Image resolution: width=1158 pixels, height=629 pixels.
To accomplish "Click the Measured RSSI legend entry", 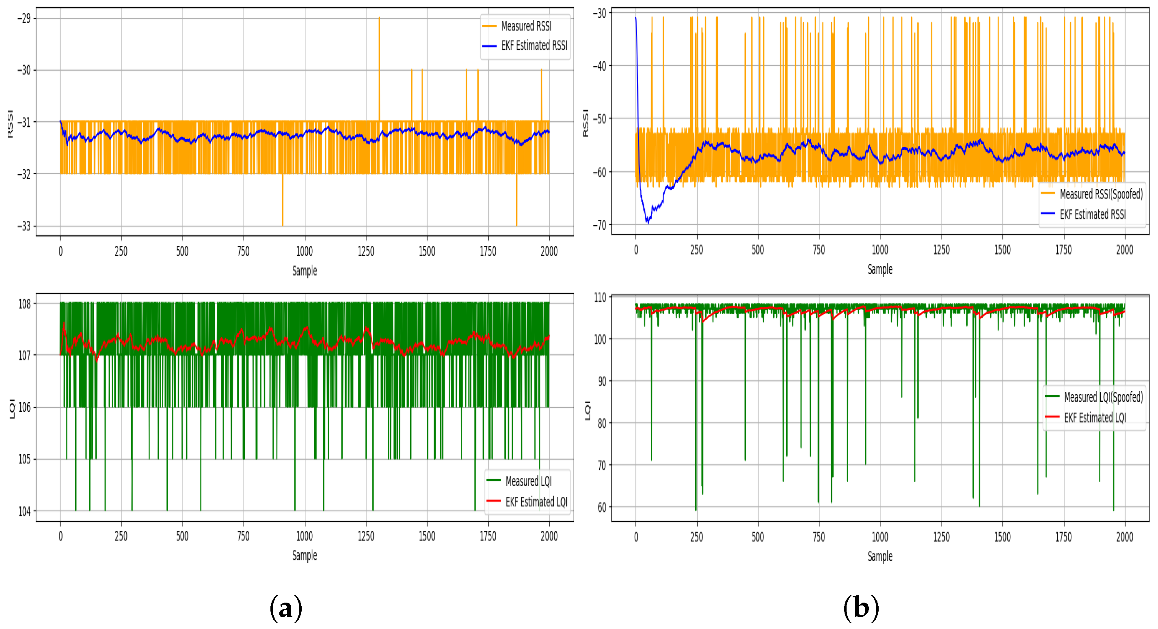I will [x=525, y=26].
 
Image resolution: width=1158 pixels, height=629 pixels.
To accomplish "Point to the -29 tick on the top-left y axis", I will [x=24, y=18].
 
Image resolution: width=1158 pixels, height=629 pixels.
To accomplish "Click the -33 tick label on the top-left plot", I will [x=24, y=226].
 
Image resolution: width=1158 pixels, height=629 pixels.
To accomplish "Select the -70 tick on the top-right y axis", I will [x=599, y=225].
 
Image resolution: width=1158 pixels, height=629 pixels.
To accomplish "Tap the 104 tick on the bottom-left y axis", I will [x=24, y=511].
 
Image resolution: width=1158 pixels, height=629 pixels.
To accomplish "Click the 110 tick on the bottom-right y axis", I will [x=600, y=297].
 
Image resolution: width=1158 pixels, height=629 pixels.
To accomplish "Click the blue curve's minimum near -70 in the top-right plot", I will [x=648, y=222].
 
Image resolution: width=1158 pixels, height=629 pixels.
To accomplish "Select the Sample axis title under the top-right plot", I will [x=880, y=269].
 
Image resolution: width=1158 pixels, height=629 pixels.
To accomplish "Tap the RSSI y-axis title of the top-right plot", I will [x=585, y=123].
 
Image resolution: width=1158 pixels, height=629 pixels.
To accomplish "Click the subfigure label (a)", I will [x=286, y=608].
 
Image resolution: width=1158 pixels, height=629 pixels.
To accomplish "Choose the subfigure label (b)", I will [x=861, y=608].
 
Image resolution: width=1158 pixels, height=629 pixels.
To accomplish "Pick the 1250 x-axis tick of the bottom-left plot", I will [x=366, y=536].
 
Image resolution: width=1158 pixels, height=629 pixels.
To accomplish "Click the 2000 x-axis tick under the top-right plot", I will [x=1124, y=250].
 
